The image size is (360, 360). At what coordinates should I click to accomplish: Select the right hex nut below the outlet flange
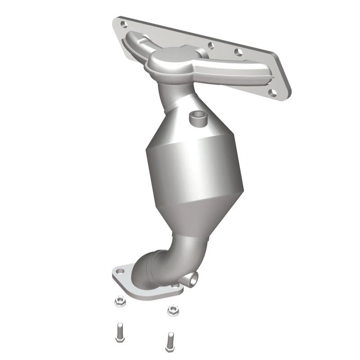coord(171,309)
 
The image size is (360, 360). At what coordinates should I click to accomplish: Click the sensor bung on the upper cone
coord(197,119)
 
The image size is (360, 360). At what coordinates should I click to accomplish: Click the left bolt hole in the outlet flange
coord(120,272)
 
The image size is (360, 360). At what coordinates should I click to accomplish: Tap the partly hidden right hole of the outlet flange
coord(174,285)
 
